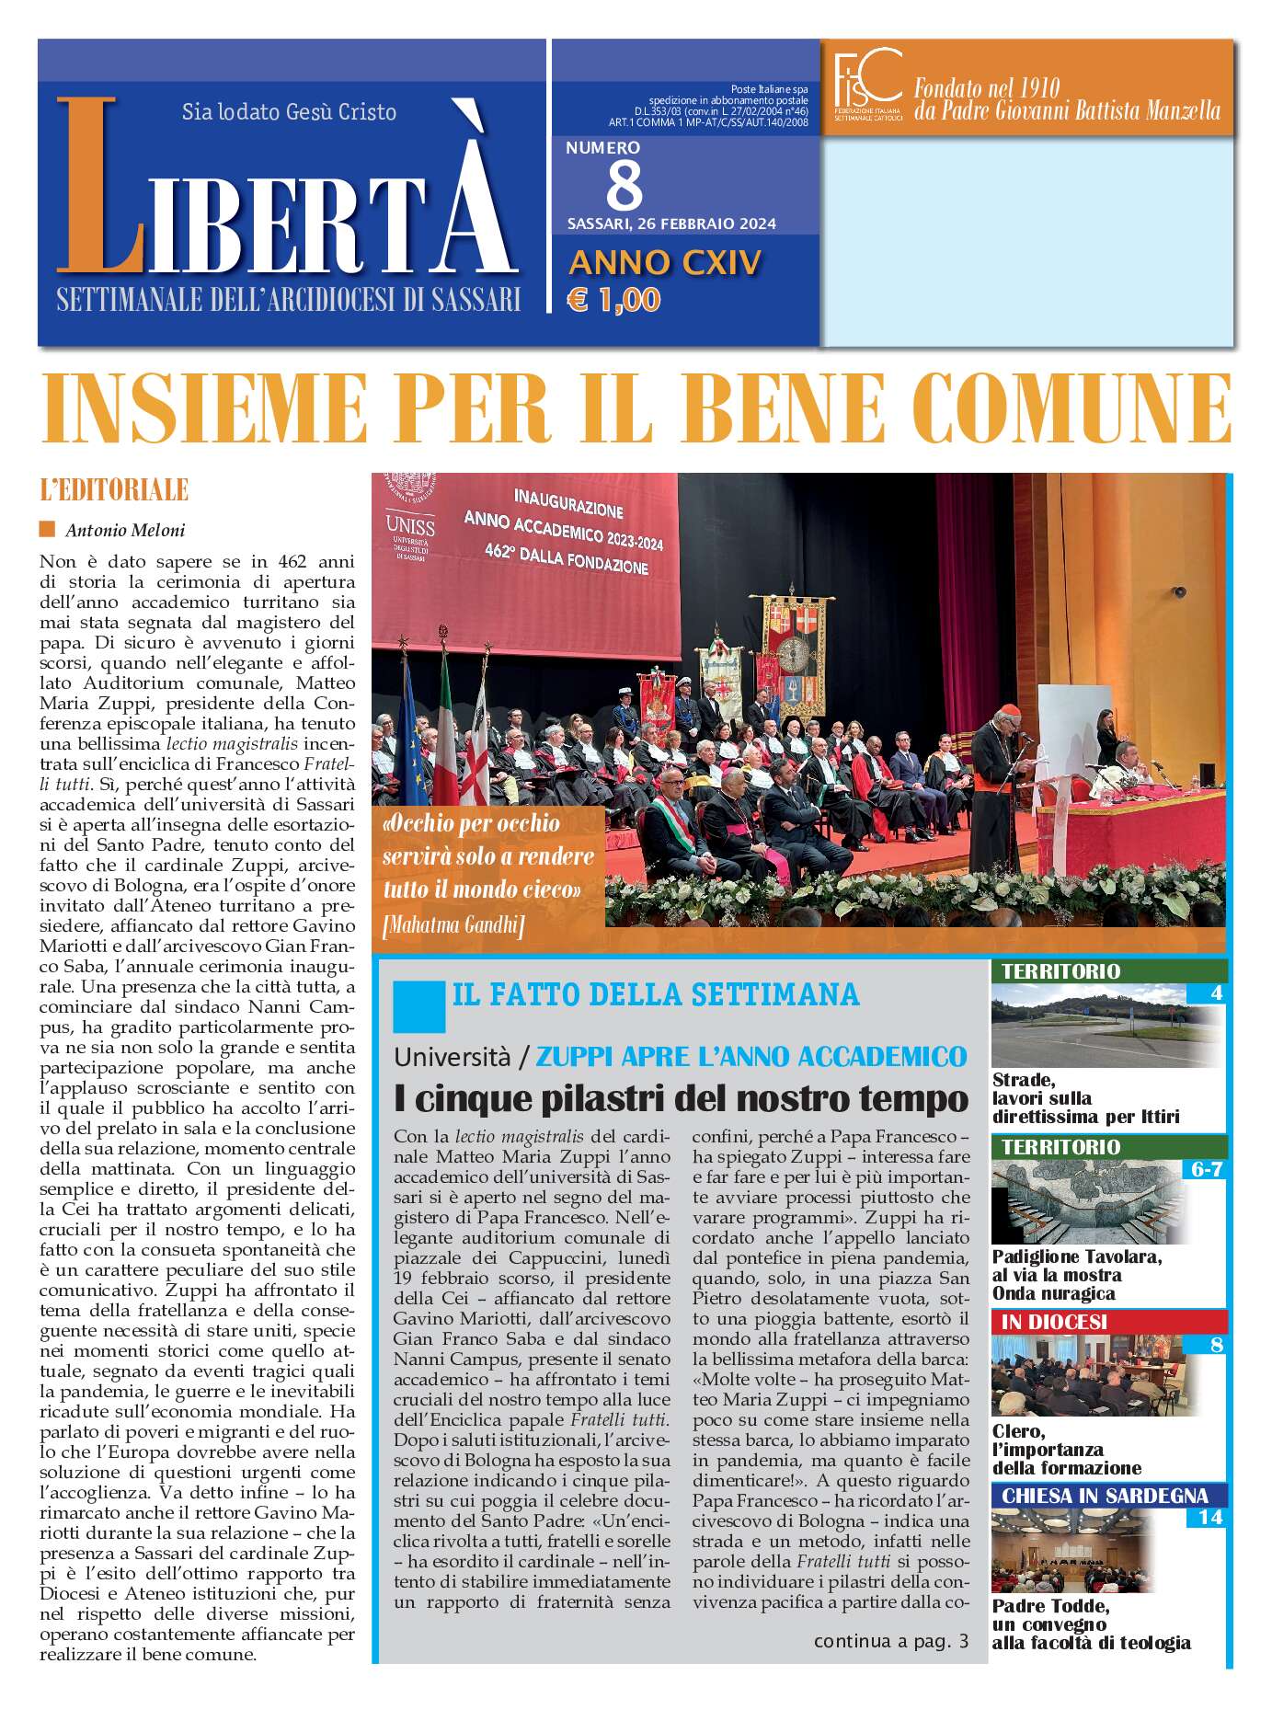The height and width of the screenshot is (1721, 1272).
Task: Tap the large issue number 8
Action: pyautogui.click(x=625, y=185)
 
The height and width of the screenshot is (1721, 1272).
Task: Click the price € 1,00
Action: pyautogui.click(x=613, y=300)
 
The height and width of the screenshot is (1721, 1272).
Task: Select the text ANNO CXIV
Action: pyautogui.click(x=665, y=263)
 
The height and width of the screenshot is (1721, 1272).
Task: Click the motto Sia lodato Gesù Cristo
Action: pyautogui.click(x=289, y=112)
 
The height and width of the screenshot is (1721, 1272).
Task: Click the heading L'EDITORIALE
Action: pyautogui.click(x=114, y=490)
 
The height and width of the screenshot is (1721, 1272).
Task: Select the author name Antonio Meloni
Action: pyautogui.click(x=125, y=530)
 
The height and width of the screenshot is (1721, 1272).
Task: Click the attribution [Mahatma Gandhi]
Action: pyautogui.click(x=453, y=925)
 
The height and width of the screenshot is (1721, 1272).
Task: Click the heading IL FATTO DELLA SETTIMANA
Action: pyautogui.click(x=656, y=994)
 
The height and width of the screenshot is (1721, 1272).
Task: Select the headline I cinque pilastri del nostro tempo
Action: pyautogui.click(x=681, y=1097)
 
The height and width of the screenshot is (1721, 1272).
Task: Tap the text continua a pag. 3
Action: pyautogui.click(x=890, y=1641)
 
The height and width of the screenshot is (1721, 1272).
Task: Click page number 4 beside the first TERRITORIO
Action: pyautogui.click(x=1216, y=993)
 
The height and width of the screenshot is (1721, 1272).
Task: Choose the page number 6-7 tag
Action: pyautogui.click(x=1205, y=1170)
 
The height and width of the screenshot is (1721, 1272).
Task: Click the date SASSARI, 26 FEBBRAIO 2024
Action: pyautogui.click(x=671, y=224)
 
